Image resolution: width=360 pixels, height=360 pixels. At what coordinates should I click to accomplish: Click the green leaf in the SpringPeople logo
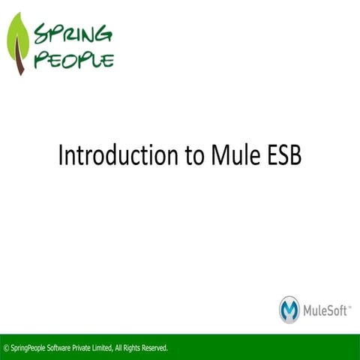click(x=18, y=39)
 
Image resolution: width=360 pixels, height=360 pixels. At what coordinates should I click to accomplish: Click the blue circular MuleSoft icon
click(x=289, y=309)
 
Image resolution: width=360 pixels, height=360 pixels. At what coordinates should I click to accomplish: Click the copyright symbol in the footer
click(x=6, y=348)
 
